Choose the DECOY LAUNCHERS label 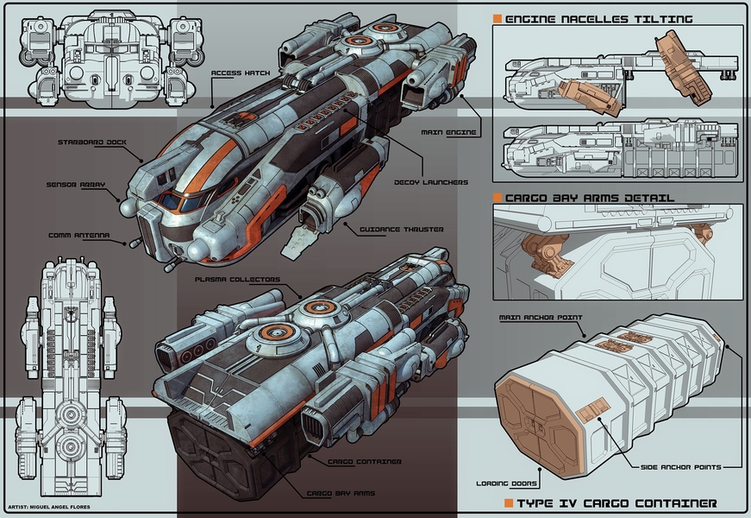pyautogui.click(x=430, y=182)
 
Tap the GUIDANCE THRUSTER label pyautogui.click(x=384, y=230)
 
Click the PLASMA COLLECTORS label pyautogui.click(x=237, y=279)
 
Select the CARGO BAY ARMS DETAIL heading pyautogui.click(x=590, y=198)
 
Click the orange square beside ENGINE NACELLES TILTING pyautogui.click(x=498, y=18)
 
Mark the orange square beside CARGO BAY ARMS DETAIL pyautogui.click(x=498, y=198)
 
